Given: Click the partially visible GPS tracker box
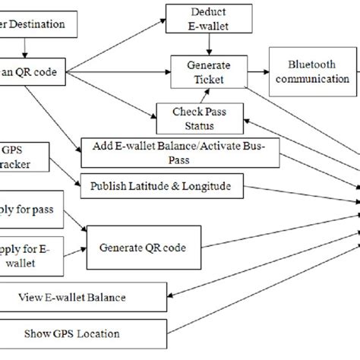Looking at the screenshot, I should [23, 157].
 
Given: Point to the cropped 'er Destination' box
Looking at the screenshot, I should [38, 24].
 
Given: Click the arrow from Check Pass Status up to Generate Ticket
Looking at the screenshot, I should [204, 93].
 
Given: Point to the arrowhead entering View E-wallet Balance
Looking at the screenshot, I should [173, 296].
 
